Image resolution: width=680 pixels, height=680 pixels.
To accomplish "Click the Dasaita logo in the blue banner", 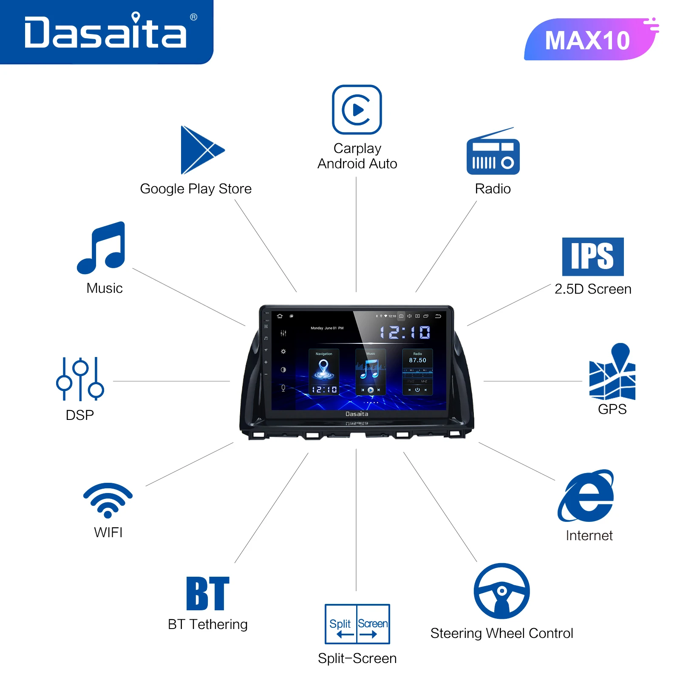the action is [x=105, y=32].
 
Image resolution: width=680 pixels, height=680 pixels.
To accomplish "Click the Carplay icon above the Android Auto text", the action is [x=357, y=110].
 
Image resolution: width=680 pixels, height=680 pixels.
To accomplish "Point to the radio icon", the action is [x=493, y=153].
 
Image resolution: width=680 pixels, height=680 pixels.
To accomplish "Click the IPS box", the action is [x=593, y=257].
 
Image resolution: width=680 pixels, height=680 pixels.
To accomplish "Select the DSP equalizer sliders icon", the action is [x=80, y=379].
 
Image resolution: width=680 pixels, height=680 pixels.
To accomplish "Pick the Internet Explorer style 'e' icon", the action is [x=586, y=496].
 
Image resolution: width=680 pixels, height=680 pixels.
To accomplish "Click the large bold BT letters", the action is [x=208, y=593].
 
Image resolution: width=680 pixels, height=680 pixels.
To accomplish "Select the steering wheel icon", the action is [x=502, y=591].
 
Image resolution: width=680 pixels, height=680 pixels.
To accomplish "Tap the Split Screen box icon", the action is [x=357, y=624].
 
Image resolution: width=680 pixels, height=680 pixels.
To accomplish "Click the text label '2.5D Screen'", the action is [x=593, y=289].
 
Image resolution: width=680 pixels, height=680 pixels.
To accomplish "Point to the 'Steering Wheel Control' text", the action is [x=501, y=633].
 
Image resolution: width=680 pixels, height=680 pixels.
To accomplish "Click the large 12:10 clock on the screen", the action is [x=405, y=332].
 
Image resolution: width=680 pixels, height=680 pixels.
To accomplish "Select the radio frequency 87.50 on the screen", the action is [x=417, y=360].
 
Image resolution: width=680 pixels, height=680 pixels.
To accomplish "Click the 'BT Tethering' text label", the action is [x=207, y=624].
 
